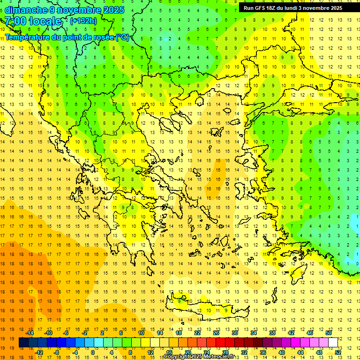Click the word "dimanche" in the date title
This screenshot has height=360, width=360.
click(26, 10)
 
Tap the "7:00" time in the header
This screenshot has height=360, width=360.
click(15, 21)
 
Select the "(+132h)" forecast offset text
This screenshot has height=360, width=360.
click(83, 21)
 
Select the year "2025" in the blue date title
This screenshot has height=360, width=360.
click(114, 10)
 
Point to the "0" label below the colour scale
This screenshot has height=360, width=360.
click(93, 352)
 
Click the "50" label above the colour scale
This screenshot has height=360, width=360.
click(329, 333)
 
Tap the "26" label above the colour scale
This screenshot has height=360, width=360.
click(216, 333)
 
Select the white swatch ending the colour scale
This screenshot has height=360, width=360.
click(333, 343)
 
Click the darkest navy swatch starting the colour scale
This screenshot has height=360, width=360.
click(23, 343)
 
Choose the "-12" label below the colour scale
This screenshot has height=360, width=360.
click(39, 352)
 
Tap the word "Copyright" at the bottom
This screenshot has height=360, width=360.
click(177, 357)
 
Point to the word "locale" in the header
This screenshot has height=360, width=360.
click(45, 21)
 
